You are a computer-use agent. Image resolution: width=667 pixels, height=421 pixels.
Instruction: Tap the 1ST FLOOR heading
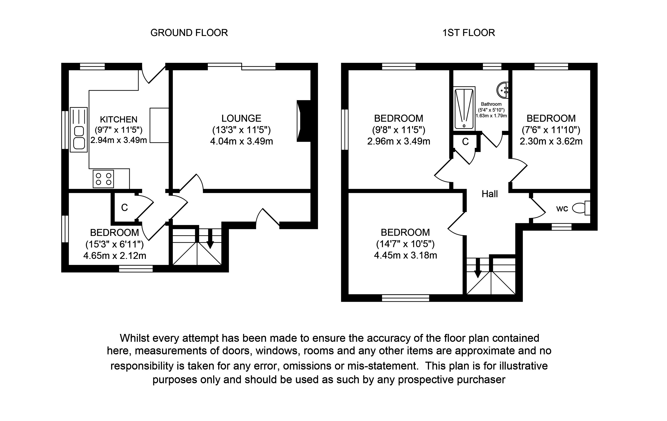click(468, 33)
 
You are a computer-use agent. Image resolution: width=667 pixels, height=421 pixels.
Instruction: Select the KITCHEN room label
click(119, 119)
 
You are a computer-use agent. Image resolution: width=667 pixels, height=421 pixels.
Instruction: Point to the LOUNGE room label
click(241, 118)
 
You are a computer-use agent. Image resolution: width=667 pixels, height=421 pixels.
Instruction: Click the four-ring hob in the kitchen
click(103, 179)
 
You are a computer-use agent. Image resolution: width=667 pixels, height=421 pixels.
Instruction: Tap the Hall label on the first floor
click(489, 194)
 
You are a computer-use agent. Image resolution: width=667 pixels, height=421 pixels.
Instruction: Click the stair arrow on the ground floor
click(210, 238)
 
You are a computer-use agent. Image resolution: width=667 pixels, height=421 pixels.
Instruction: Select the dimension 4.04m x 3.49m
click(241, 141)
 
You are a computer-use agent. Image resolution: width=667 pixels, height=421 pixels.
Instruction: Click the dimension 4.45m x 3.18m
click(405, 255)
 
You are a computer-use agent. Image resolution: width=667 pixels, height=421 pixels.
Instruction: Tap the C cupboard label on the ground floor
click(124, 207)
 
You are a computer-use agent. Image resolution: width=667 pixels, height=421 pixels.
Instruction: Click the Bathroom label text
click(491, 104)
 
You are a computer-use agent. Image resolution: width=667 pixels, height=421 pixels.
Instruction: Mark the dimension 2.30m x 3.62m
click(551, 142)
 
